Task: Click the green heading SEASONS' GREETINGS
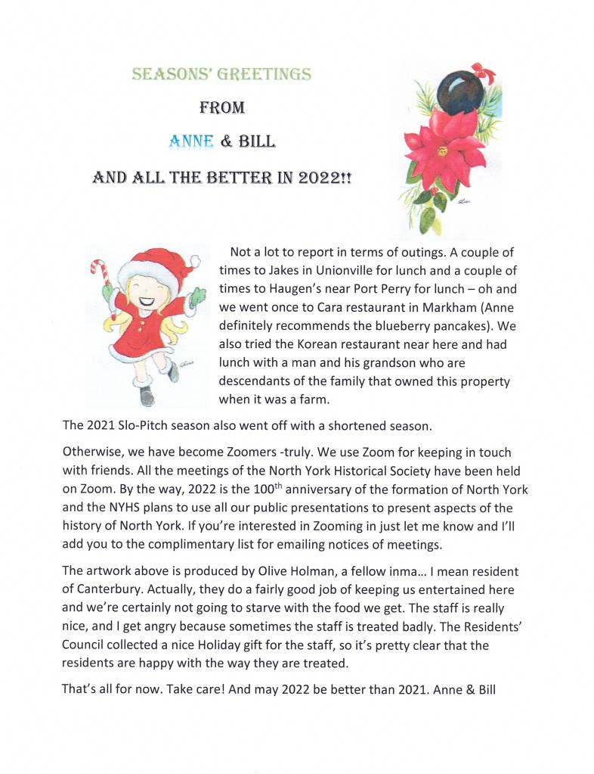click(221, 74)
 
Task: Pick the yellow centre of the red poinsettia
click(441, 150)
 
